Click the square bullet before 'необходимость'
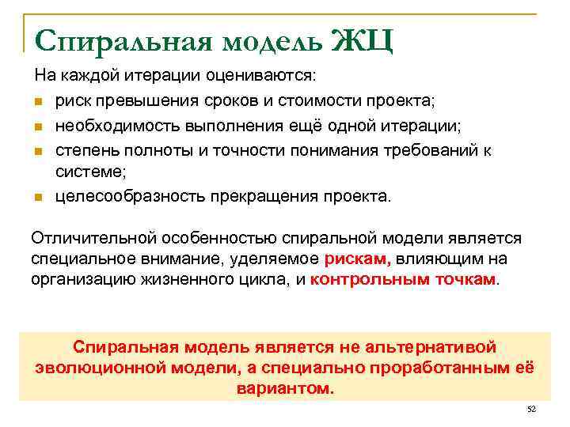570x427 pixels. click(x=39, y=125)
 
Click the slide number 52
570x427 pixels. click(x=531, y=409)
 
